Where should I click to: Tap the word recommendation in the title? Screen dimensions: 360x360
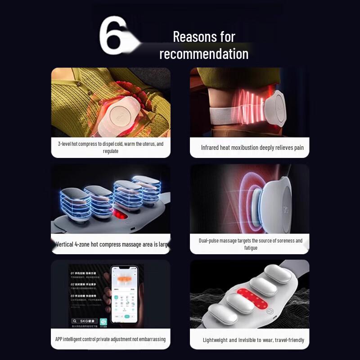[203, 54]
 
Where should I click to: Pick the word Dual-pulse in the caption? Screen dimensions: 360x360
[211, 241]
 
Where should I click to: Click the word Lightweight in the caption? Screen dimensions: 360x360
[219, 340]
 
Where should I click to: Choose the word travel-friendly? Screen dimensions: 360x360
[286, 340]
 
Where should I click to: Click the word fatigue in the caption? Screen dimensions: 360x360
[251, 248]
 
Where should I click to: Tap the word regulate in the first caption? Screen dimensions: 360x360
[111, 151]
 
